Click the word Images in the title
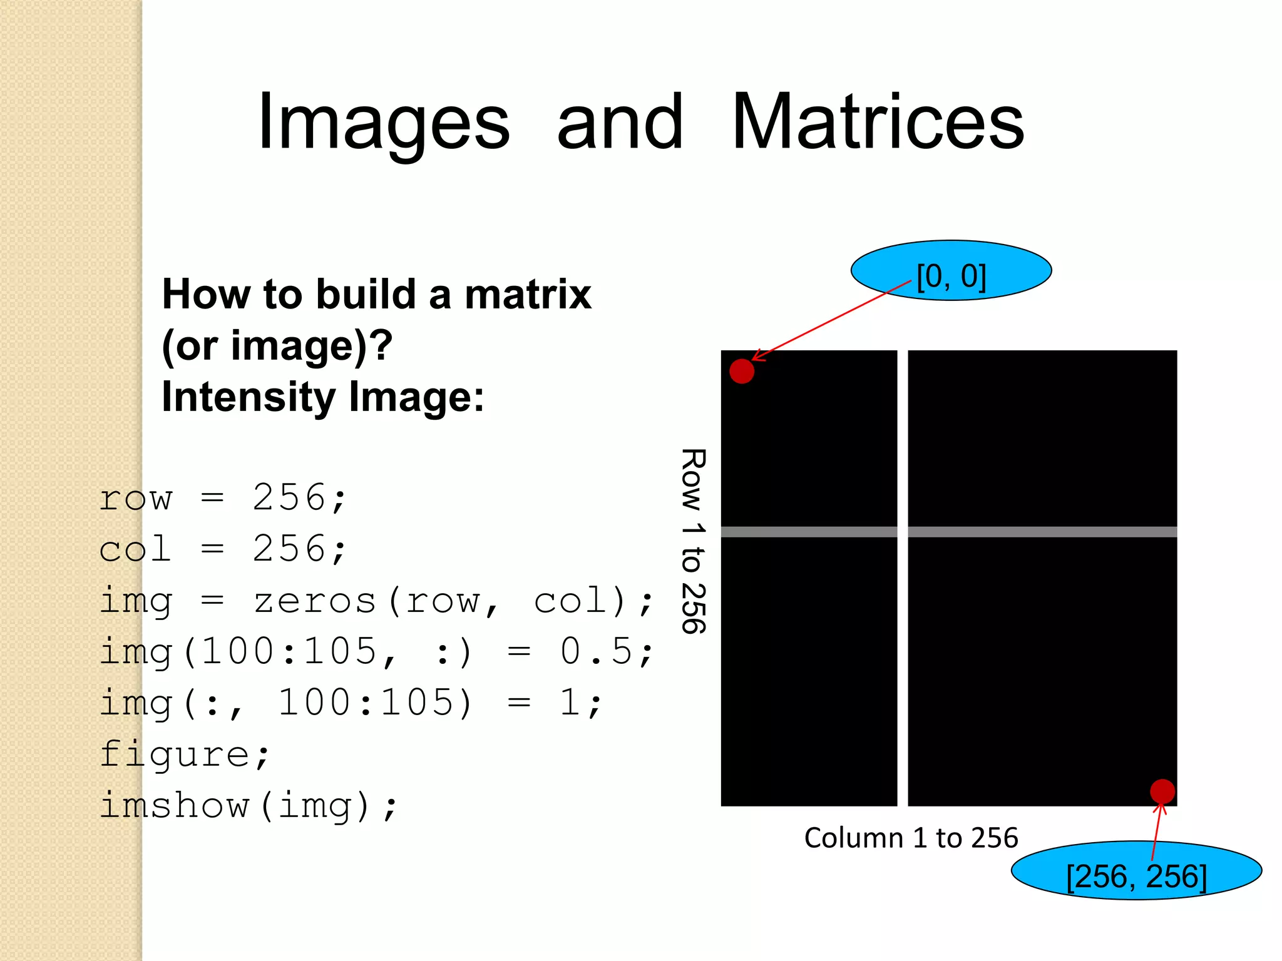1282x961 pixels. click(384, 124)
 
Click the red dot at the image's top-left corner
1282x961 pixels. click(742, 371)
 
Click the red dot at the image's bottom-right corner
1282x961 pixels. click(1162, 791)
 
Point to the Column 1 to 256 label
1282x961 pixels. click(911, 838)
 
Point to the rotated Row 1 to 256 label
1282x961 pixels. click(694, 541)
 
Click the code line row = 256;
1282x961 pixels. click(223, 498)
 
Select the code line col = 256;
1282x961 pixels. click(223, 549)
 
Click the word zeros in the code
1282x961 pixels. click(315, 601)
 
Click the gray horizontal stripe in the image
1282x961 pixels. click(1002, 532)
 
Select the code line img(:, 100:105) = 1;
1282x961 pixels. click(351, 703)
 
